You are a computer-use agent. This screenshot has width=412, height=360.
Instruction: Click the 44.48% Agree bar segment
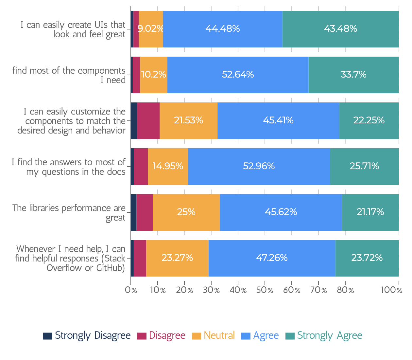[x=222, y=29]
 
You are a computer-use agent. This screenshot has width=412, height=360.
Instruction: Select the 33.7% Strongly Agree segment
[x=353, y=75]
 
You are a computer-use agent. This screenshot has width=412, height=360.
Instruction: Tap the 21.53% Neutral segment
[x=188, y=120]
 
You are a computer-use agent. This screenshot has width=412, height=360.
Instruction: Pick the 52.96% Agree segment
[x=259, y=167]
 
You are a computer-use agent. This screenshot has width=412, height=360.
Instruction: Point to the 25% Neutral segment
[x=186, y=212]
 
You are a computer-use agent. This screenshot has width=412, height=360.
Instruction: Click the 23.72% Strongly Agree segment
[x=367, y=258]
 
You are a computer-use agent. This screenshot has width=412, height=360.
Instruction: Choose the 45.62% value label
[x=281, y=212]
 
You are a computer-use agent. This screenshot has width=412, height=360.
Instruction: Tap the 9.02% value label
[x=150, y=28]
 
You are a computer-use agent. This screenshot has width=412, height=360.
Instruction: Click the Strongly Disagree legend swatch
[x=48, y=336]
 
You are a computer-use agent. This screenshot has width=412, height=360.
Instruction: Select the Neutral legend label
[x=219, y=335]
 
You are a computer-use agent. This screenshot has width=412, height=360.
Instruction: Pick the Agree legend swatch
[x=246, y=336]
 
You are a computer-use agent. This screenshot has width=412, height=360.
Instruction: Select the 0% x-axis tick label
[x=131, y=290]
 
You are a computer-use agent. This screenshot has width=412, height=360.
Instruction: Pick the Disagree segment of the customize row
[x=148, y=120]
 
